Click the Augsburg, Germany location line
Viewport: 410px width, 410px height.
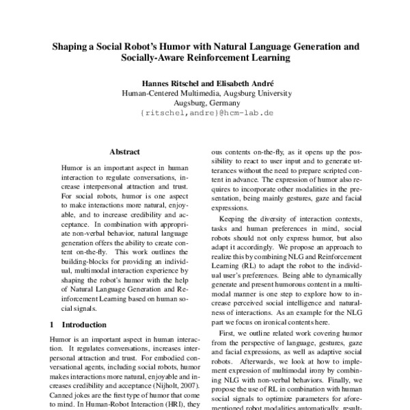pos(205,103)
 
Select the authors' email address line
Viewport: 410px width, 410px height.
pos(205,113)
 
